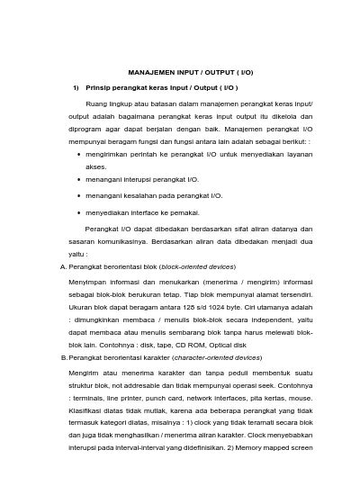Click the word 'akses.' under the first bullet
coord(95,166)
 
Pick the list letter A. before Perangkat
coord(61,267)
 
